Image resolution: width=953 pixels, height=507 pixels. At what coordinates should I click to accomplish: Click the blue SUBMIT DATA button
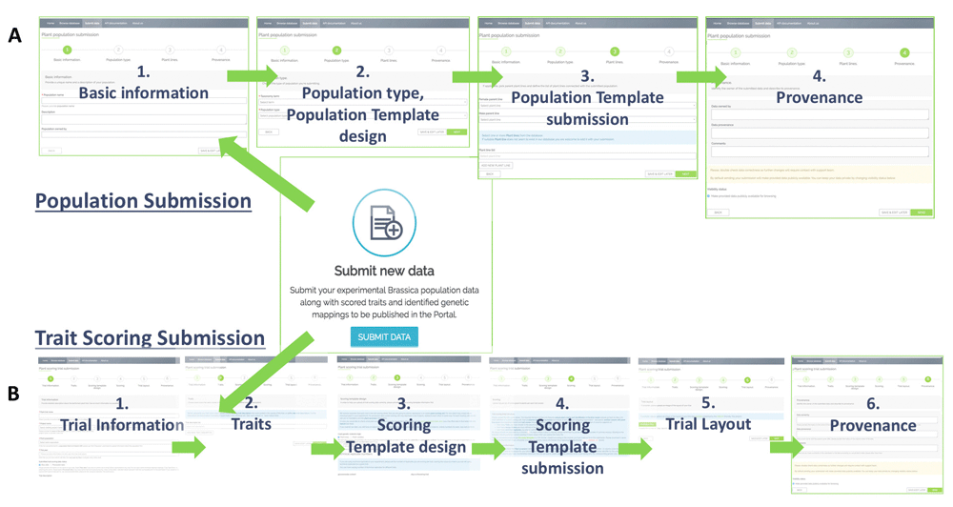click(384, 336)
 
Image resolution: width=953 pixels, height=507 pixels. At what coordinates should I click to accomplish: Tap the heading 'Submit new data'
click(384, 271)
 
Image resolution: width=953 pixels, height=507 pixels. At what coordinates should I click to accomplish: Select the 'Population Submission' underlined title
click(143, 201)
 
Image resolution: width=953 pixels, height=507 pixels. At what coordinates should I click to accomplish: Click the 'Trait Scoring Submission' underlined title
click(150, 337)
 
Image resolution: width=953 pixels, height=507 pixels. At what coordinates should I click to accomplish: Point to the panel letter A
click(13, 35)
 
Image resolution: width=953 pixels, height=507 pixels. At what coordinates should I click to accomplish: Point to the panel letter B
click(13, 392)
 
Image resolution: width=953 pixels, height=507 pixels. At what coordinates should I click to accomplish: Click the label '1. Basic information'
click(143, 83)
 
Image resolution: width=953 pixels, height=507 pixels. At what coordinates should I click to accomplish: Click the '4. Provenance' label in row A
click(819, 87)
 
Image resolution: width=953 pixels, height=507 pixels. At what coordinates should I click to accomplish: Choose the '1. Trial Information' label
click(121, 415)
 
